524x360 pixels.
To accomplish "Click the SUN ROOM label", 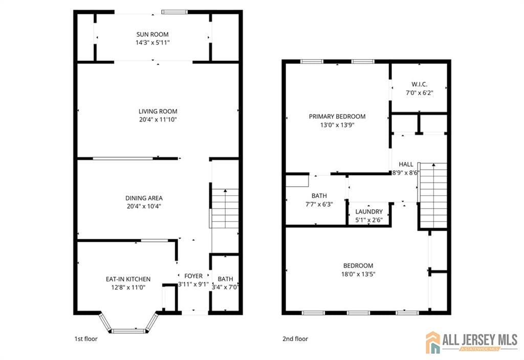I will coord(152,34).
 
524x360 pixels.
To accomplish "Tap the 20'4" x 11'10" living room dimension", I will coord(158,120).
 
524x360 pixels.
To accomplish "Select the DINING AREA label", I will coord(144,198).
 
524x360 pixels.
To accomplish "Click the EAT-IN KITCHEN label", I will coord(128,279).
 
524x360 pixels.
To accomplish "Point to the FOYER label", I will coord(193,276).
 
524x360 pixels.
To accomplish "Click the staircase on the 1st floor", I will coord(225,208).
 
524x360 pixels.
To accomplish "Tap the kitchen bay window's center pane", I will coord(128,331).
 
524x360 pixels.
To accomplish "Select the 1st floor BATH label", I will coord(225,279).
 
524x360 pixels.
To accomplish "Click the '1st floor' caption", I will coord(86,339).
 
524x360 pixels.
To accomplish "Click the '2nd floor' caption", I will coord(295,339).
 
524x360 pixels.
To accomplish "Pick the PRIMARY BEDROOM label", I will coord(337,116).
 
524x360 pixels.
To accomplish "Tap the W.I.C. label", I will coord(419,84).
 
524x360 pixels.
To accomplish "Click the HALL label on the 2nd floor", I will coord(406,164).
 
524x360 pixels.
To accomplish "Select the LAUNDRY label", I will coord(369,211).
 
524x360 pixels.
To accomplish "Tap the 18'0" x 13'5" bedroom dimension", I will coord(358,274).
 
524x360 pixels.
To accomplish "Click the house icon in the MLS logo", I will coord(433,342).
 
